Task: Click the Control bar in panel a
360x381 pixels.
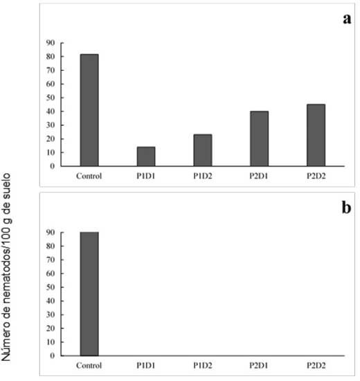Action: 89,110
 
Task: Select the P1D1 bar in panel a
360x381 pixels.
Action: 146,156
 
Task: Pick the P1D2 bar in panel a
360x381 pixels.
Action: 203,150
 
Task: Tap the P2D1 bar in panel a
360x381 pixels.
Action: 260,138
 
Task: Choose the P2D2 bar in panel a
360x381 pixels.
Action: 316,135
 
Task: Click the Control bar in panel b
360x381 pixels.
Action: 89,294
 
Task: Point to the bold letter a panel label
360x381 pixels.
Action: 347,19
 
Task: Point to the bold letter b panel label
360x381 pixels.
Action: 346,208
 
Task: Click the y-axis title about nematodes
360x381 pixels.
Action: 6,267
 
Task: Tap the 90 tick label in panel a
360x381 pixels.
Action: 51,43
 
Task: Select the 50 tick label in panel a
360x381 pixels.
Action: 51,97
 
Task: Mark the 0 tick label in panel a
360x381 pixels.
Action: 53,166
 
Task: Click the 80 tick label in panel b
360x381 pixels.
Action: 51,246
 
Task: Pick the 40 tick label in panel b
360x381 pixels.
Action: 51,301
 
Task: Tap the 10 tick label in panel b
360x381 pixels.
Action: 51,342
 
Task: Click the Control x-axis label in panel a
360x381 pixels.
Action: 89,176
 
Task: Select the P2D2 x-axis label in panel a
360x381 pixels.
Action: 316,176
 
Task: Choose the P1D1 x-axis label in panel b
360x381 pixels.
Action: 145,365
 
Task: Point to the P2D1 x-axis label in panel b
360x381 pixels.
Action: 258,365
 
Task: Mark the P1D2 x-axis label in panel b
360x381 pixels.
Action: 203,365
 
